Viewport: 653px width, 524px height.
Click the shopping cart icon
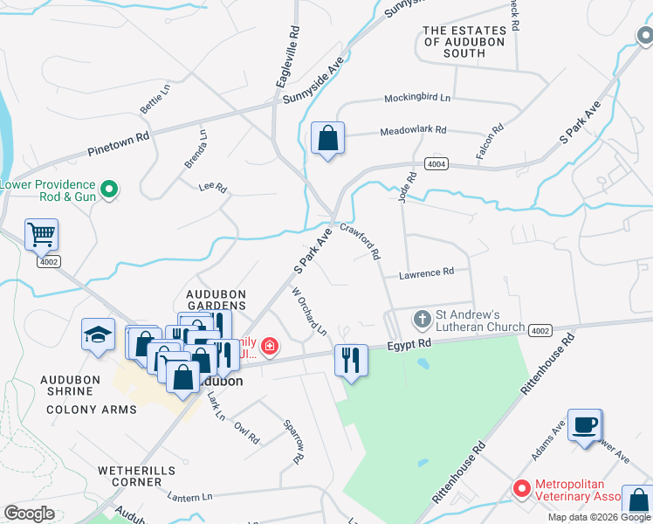(41, 234)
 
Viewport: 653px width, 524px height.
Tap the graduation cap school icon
(98, 334)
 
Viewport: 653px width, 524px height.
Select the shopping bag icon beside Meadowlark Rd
(327, 138)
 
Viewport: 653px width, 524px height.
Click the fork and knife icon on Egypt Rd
(350, 359)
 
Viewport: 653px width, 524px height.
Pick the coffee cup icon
(584, 425)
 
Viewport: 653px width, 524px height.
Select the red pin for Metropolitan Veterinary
(521, 489)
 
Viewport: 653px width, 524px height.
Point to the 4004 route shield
(436, 164)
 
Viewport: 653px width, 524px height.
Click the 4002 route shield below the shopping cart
(49, 261)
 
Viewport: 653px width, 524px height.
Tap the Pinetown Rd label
(119, 144)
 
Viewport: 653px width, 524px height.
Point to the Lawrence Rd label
(426, 272)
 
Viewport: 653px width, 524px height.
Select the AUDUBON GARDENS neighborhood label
(217, 300)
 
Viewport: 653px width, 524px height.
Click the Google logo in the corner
(30, 513)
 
